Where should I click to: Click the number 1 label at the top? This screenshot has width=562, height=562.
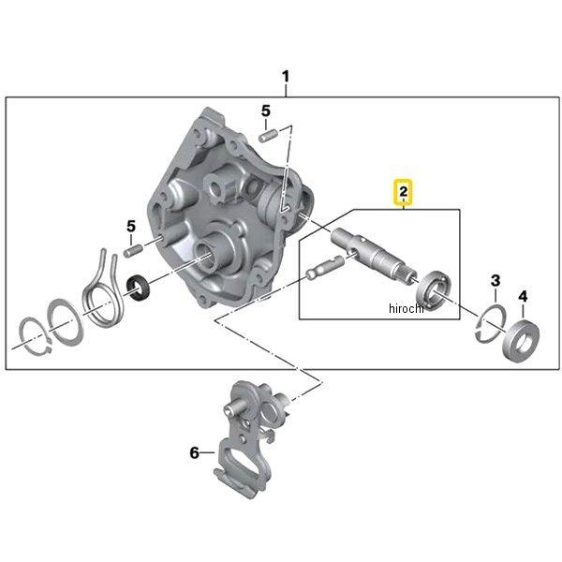pyautogui.click(x=287, y=75)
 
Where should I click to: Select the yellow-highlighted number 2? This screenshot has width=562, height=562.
pyautogui.click(x=403, y=193)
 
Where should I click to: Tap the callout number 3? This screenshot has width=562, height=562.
pyautogui.click(x=495, y=281)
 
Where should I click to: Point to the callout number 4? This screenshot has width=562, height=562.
pyautogui.click(x=523, y=297)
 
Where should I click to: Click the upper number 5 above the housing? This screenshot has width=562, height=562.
pyautogui.click(x=266, y=111)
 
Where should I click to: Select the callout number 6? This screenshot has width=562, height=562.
pyautogui.click(x=195, y=452)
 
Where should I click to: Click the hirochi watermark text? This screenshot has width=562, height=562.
pyautogui.click(x=406, y=309)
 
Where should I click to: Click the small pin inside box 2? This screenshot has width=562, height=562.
pyautogui.click(x=322, y=272)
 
